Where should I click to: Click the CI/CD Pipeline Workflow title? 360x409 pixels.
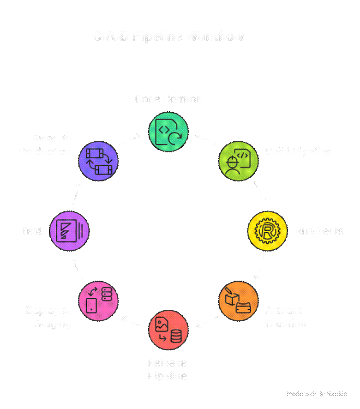168,36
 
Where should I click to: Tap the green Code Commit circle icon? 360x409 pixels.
168,131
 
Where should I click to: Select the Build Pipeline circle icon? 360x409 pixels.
238,161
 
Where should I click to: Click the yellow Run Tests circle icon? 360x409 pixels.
268,231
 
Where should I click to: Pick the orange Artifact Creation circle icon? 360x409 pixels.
238,301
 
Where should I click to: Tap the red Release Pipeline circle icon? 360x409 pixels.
168,330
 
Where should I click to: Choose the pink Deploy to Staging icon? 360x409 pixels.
98,301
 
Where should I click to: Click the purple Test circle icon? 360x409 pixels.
69,231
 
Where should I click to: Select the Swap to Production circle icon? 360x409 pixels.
98,161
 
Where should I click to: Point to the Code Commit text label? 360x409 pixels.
168,99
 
